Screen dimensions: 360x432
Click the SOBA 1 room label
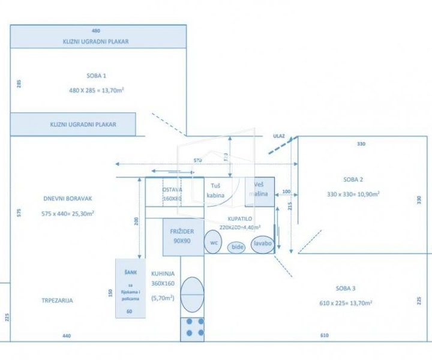[x=96, y=76]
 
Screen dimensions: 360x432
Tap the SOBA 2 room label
[x=353, y=179]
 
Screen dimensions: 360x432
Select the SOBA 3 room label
[x=346, y=289]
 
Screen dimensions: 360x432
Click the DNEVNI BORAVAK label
[x=68, y=199]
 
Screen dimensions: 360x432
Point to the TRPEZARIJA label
[x=57, y=301]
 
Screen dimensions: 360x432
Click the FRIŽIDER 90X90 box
[x=182, y=236]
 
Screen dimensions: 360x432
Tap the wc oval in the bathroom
[x=213, y=242]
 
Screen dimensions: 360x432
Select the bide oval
[x=238, y=247]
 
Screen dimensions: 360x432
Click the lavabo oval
[x=262, y=244]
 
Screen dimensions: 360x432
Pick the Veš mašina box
[x=260, y=190]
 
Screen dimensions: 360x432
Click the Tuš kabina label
[x=216, y=191]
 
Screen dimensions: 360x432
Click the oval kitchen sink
[x=192, y=294]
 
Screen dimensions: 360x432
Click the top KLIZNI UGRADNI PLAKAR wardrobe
[x=96, y=42]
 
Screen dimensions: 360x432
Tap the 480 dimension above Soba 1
[x=96, y=30]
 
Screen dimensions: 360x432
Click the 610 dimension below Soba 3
[x=325, y=336]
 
